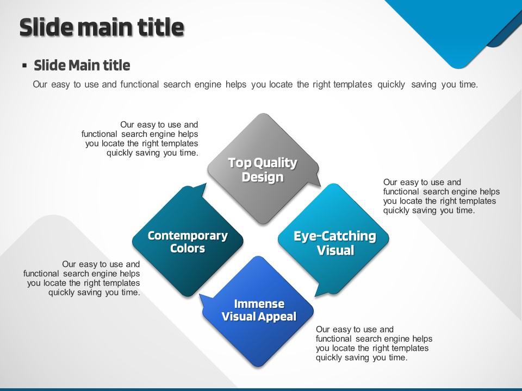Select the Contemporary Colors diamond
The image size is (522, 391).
click(x=188, y=241)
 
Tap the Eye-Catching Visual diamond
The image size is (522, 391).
click(x=333, y=239)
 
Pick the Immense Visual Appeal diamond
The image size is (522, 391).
click(x=258, y=311)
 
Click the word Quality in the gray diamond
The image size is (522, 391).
click(x=275, y=163)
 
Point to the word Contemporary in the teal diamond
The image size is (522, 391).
click(x=188, y=235)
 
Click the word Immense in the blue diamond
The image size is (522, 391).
click(x=259, y=304)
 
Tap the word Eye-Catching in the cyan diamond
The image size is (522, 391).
click(x=335, y=236)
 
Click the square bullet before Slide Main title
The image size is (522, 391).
click(x=24, y=65)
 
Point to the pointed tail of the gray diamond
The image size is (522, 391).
click(x=320, y=186)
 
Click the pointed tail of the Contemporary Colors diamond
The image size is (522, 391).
click(x=206, y=184)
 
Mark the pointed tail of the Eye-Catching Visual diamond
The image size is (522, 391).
click(x=316, y=295)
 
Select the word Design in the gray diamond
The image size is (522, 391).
click(x=263, y=177)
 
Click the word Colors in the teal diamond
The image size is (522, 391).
click(x=188, y=248)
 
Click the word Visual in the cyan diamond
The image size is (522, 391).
click(x=335, y=250)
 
